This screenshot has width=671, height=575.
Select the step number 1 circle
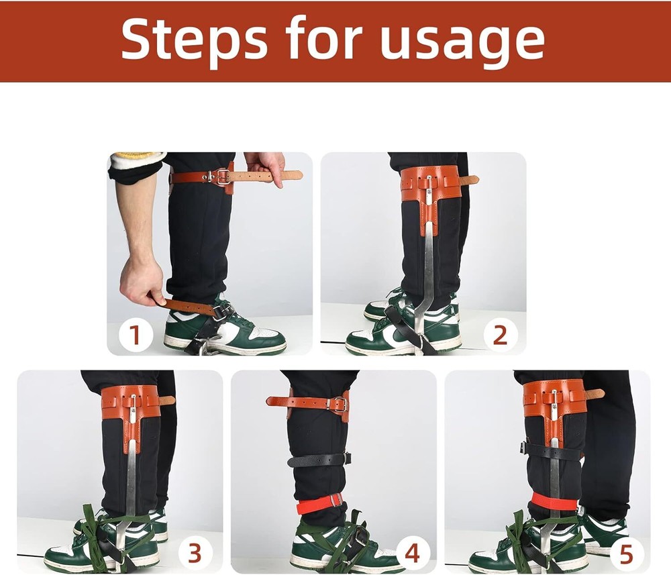click(x=135, y=335)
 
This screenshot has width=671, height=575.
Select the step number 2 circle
click(x=500, y=335)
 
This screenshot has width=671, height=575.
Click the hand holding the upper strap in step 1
click(x=266, y=162)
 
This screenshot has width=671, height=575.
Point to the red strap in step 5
click(x=554, y=501)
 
